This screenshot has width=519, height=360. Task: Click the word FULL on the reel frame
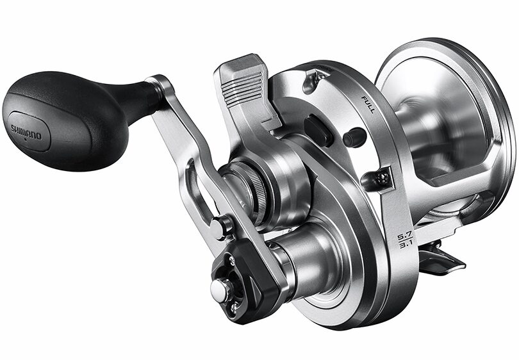pos(368,105)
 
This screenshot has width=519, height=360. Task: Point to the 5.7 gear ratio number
pos(404,237)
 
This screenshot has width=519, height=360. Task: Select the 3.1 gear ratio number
pos(404,246)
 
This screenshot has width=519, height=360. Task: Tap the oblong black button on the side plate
pos(318,131)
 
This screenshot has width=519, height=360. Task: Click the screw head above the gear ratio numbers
pos(383,179)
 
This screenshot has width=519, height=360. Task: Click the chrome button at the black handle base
pos(220,290)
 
